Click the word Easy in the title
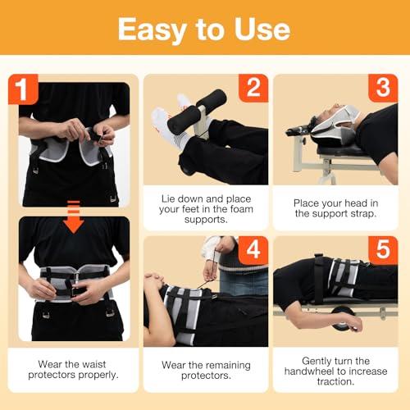coord(153,30)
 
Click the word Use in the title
coord(262,30)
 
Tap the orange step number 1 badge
coord(23,89)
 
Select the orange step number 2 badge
coord(253,88)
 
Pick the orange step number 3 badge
coord(383,88)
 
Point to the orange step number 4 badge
coord(253,250)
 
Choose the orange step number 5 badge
coord(383,250)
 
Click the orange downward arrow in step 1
coord(74,217)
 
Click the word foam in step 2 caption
coord(242,209)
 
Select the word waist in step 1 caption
coord(93,364)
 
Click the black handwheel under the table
coord(342,317)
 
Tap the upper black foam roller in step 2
coord(212,98)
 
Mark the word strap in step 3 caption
coord(363,214)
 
